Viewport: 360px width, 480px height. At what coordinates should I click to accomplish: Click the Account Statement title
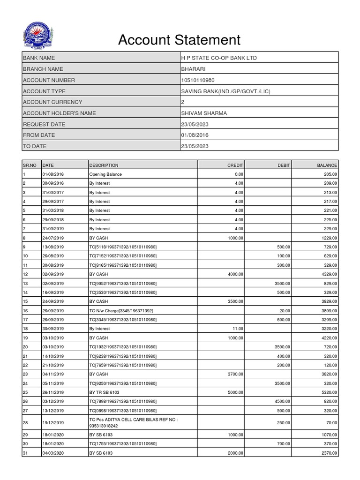(179, 40)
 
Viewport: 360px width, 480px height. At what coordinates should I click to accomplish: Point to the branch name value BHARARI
(193, 69)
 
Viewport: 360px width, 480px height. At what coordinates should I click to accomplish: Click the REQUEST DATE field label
(44, 124)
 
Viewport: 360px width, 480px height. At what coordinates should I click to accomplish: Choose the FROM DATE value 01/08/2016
(195, 135)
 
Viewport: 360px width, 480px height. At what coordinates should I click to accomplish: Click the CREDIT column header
(235, 165)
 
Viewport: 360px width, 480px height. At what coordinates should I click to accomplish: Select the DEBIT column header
(284, 165)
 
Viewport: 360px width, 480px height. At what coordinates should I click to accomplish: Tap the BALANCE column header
(327, 165)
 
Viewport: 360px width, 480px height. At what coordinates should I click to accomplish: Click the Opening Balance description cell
(105, 174)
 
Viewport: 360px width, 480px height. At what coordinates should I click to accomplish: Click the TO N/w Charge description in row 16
(121, 310)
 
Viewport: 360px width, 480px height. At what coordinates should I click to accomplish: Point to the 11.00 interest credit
(239, 329)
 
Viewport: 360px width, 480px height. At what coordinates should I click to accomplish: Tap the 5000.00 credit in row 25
(235, 392)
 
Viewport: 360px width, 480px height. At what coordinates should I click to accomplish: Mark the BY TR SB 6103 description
(106, 392)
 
